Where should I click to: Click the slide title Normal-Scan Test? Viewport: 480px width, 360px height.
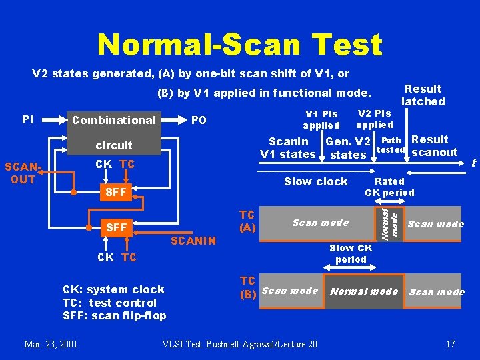(239, 45)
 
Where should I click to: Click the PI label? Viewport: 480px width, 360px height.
(27, 119)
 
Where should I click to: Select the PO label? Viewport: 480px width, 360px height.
(199, 121)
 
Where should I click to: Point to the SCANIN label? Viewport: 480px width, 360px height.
(193, 241)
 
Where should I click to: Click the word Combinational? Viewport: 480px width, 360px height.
(113, 120)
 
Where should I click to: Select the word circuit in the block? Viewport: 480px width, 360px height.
(114, 145)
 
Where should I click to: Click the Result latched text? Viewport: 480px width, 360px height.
(423, 95)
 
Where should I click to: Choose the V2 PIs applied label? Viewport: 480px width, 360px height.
(374, 119)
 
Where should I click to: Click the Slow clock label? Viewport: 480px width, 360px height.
(315, 181)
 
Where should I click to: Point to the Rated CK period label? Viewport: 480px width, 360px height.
(389, 187)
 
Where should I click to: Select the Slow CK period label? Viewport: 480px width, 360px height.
(351, 253)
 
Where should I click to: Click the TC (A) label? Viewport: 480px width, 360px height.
(247, 221)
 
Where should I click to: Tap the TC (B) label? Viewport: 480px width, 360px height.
(247, 285)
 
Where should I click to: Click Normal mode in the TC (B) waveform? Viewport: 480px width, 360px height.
(364, 291)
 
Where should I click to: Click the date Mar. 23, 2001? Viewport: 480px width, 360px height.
(51, 344)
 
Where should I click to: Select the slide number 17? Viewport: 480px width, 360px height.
(450, 344)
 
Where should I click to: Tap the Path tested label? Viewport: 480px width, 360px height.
(392, 145)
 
